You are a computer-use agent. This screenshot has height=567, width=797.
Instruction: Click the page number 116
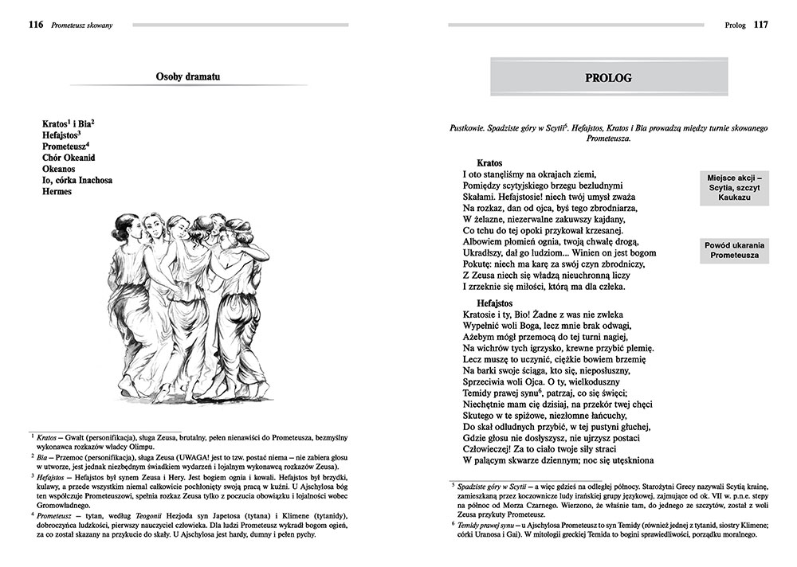coord(34,25)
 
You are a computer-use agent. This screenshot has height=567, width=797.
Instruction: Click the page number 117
coord(760,25)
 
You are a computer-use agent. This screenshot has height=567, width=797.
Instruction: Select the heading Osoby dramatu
coord(188,76)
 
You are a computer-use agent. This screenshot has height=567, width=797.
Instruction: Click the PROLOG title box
coord(608,78)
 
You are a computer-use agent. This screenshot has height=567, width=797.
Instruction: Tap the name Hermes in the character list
coord(57,191)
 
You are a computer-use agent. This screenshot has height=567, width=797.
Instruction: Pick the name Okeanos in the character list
coord(61,169)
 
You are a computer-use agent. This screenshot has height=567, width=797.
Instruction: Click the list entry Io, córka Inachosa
coord(77,180)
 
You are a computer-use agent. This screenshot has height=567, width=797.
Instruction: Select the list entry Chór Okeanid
coord(70,158)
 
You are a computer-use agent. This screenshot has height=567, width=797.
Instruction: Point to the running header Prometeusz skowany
coord(80,25)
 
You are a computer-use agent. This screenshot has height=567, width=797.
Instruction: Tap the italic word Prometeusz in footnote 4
coord(53,515)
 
